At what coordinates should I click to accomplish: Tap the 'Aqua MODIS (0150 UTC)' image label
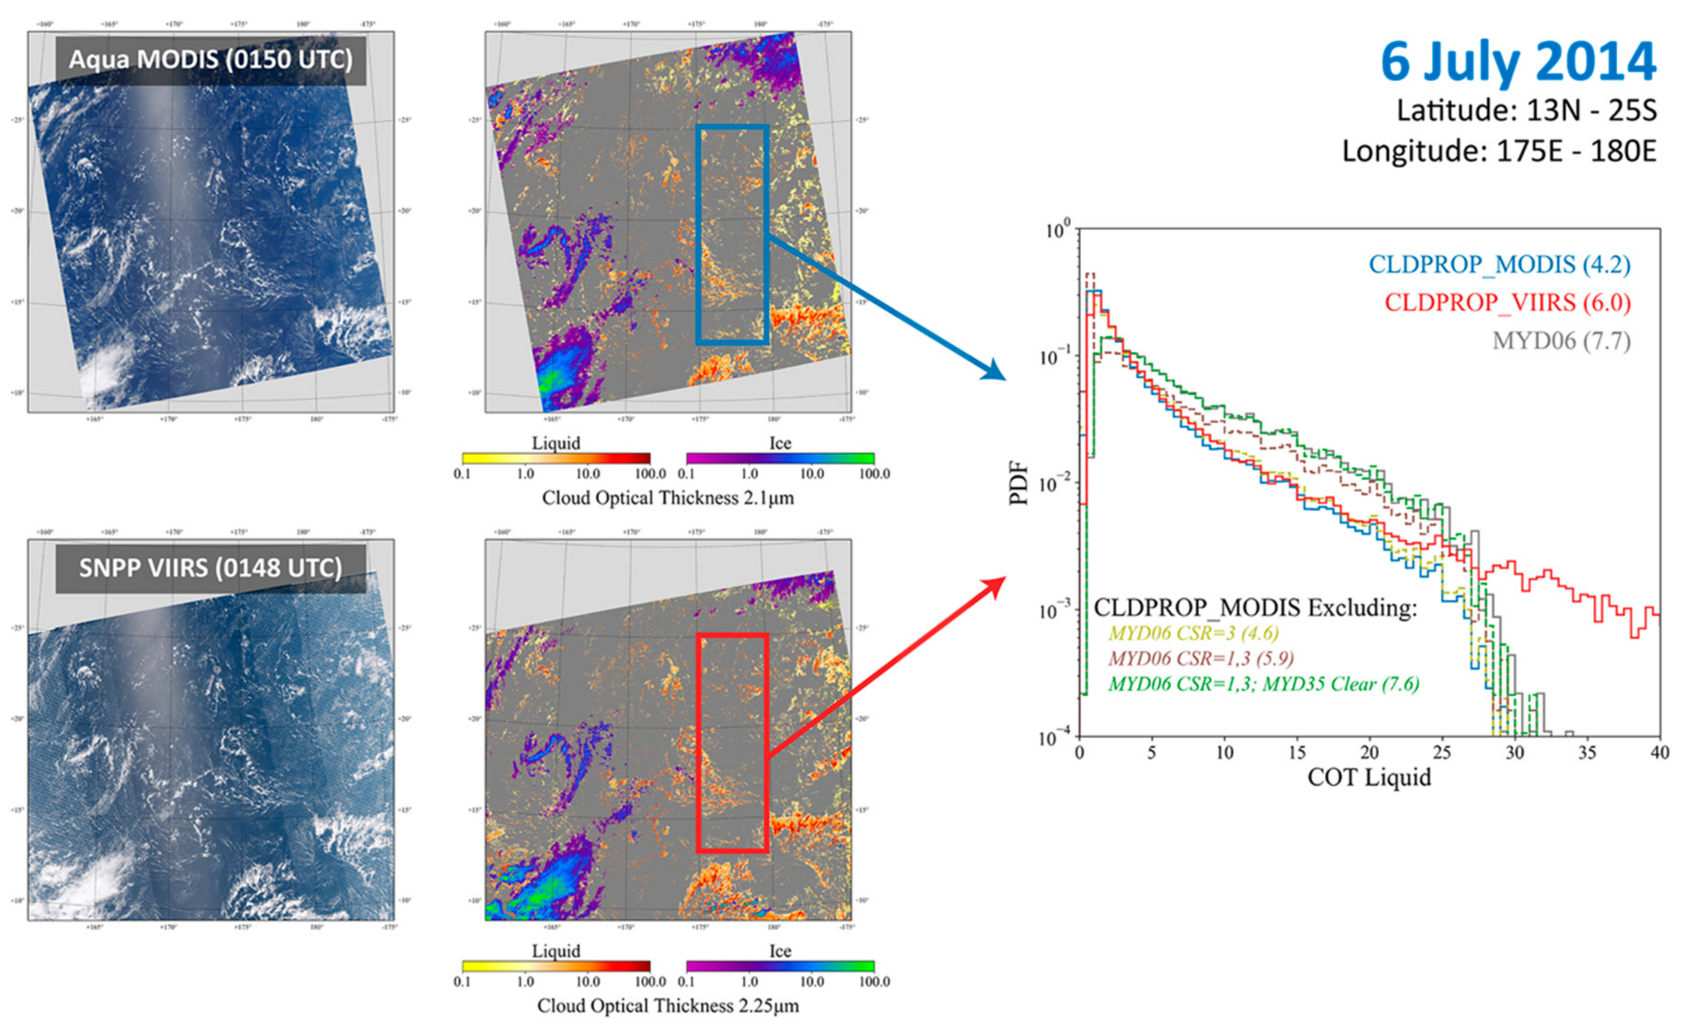(211, 60)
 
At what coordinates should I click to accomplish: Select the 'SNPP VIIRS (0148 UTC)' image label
(211, 568)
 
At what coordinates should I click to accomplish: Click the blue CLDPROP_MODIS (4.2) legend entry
(1499, 265)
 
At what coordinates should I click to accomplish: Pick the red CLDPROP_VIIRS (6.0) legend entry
(1507, 303)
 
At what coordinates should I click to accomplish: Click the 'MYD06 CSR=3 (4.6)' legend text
(1193, 633)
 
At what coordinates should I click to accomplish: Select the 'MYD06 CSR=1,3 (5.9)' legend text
(1201, 658)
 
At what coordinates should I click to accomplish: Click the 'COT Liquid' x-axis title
(1369, 778)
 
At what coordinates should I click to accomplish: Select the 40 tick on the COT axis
(1659, 753)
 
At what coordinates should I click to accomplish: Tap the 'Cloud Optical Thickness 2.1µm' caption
(668, 498)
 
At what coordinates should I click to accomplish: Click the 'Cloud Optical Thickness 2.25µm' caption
(668, 1006)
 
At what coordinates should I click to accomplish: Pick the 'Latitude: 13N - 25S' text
(1526, 111)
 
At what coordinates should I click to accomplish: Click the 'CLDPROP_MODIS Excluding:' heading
(1255, 608)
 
